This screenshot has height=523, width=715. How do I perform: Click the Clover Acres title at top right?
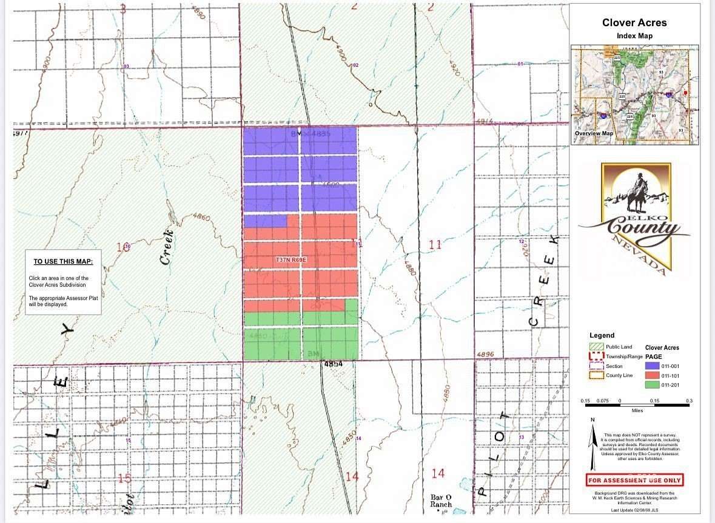point(634,23)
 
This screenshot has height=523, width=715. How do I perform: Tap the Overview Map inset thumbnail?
point(634,95)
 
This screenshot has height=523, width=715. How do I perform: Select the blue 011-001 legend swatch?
point(652,365)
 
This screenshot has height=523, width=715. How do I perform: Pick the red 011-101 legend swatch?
point(652,375)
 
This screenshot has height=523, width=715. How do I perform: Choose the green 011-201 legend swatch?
point(652,385)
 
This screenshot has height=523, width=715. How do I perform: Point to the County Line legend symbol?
point(596,376)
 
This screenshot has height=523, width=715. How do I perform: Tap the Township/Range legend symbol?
point(596,356)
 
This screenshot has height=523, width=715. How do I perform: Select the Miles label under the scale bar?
point(637,410)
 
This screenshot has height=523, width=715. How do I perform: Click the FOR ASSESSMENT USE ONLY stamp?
point(634,480)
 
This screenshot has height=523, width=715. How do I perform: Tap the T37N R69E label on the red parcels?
point(292,259)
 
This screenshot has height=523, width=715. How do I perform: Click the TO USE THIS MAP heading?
point(63,262)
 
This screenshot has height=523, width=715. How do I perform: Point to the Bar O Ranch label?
point(441,500)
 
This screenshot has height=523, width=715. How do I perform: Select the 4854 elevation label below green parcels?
point(333,364)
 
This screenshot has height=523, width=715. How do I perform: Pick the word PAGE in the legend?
point(654,356)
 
